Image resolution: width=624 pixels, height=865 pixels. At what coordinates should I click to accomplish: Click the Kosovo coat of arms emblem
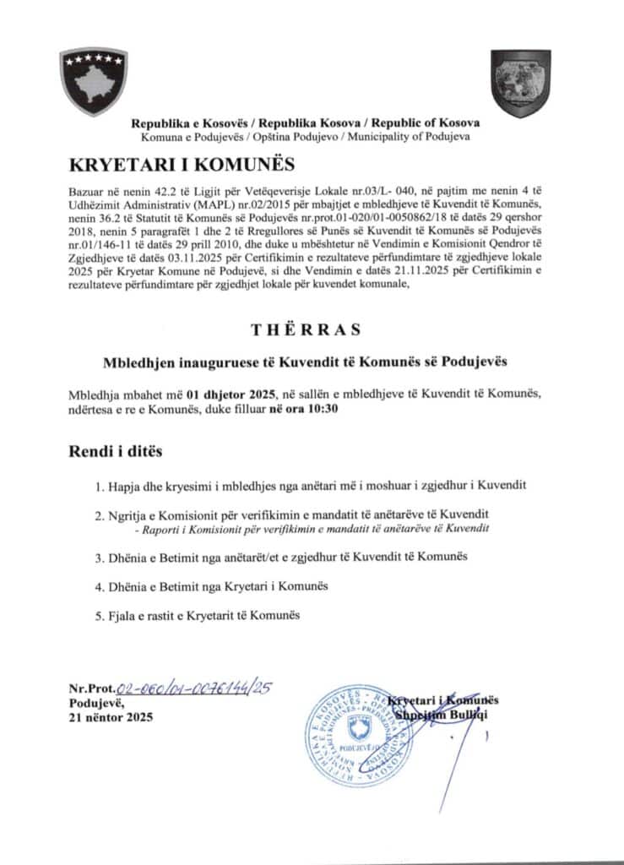click(93, 82)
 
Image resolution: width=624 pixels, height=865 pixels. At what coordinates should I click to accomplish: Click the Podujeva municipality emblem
click(521, 83)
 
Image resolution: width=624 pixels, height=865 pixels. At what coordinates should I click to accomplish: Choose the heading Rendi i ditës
click(115, 452)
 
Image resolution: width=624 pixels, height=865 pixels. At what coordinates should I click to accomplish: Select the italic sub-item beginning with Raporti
click(312, 528)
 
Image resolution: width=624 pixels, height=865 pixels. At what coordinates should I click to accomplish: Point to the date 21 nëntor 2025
click(106, 718)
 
